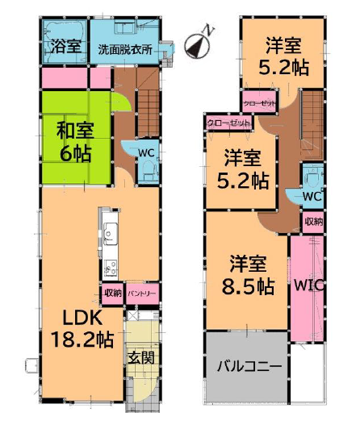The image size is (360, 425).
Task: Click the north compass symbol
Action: tap(197, 45)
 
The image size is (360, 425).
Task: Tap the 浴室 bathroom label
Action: tap(66, 46)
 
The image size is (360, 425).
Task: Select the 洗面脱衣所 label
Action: tap(125, 50)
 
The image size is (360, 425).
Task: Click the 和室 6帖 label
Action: tap(75, 142)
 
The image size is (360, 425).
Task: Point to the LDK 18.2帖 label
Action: tap(82, 328)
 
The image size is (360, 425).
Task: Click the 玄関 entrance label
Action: tap(141, 357)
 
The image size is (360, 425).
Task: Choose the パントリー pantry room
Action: tap(142, 294)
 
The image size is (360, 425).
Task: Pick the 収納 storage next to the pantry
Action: tap(113, 293)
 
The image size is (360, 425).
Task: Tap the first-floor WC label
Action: tap(146, 153)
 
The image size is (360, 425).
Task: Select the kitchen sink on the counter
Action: tap(111, 234)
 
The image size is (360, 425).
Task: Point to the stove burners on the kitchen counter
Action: tap(111, 268)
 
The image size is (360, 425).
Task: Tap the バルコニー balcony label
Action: tap(249, 366)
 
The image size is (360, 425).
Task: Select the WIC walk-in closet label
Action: tap(309, 285)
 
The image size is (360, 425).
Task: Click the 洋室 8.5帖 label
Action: tap(249, 275)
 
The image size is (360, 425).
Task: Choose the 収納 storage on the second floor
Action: tap(313, 222)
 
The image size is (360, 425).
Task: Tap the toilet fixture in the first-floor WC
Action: tap(149, 169)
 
